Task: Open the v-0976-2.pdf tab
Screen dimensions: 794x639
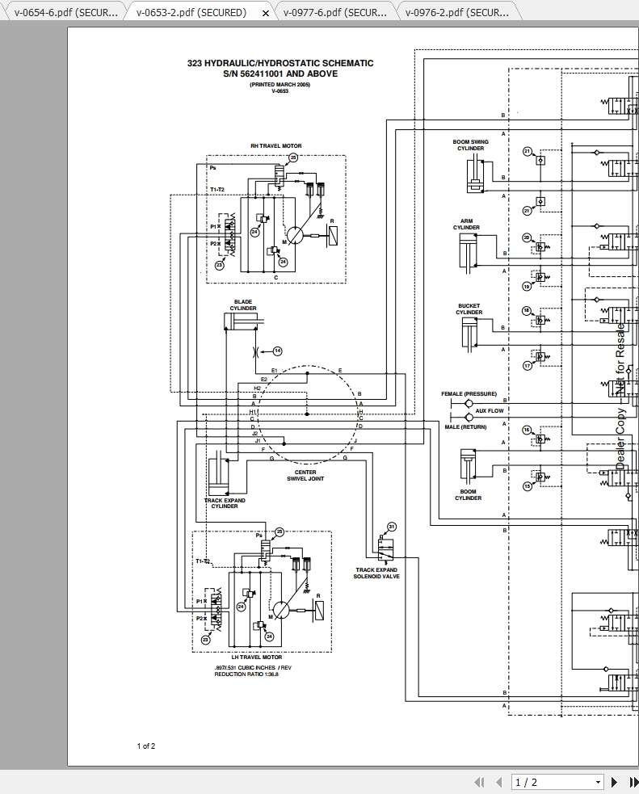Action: (x=457, y=12)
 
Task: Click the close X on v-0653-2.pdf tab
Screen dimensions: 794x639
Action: (x=267, y=13)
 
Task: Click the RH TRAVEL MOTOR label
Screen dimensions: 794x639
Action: (x=275, y=146)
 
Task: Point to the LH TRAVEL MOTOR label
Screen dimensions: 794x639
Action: (x=257, y=657)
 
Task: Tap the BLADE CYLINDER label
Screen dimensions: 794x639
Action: (x=243, y=305)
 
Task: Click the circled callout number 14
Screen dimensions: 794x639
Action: (x=277, y=351)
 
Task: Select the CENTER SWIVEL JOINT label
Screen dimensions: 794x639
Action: (x=305, y=476)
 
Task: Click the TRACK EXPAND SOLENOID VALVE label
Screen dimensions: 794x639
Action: (x=377, y=573)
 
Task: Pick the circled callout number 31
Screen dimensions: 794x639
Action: (x=392, y=527)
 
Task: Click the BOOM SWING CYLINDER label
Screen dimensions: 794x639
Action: (x=470, y=145)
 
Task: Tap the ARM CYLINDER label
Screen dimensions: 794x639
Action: (x=466, y=225)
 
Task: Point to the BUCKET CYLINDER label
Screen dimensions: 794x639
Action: (x=469, y=309)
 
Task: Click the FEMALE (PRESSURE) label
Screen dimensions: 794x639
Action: (x=469, y=394)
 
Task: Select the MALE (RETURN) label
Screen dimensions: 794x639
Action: (x=465, y=427)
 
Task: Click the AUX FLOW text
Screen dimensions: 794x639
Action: (x=489, y=411)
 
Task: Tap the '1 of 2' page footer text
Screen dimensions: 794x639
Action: (x=146, y=746)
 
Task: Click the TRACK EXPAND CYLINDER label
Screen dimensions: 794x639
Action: (x=225, y=503)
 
